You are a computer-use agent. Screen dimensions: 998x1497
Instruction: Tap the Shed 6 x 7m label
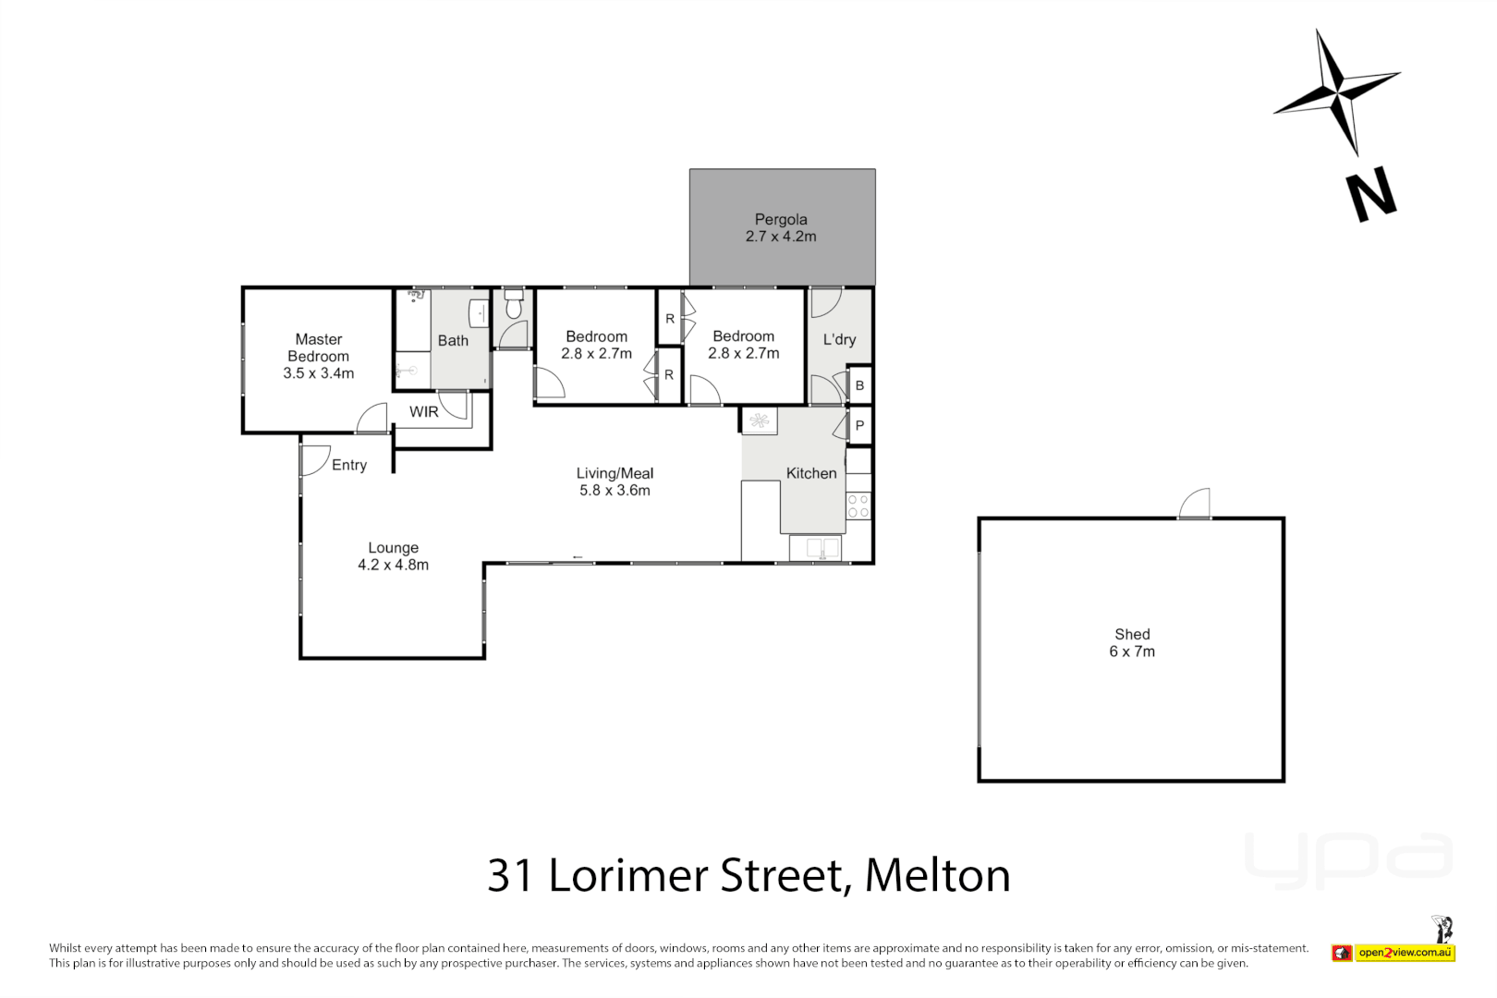(x=1132, y=642)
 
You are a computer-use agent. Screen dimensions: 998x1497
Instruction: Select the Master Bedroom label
(x=318, y=356)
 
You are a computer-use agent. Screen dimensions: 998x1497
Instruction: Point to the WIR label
(x=424, y=412)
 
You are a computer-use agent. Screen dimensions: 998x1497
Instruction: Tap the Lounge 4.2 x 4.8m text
(x=393, y=556)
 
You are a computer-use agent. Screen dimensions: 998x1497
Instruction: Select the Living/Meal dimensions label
(x=615, y=491)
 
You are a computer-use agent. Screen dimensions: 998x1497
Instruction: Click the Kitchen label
(x=811, y=473)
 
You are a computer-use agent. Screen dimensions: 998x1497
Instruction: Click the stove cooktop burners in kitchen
(x=858, y=505)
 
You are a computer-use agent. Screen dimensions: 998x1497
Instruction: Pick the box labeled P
(x=859, y=426)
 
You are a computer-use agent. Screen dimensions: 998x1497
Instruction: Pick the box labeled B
(x=859, y=385)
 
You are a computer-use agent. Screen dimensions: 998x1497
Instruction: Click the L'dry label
(x=839, y=339)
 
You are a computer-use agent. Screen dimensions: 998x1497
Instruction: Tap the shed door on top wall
(x=1195, y=505)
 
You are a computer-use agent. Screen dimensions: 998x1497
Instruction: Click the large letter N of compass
(x=1370, y=194)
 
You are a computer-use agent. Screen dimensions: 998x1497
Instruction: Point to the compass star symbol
(x=1337, y=91)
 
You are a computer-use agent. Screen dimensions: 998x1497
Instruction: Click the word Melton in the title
(x=937, y=875)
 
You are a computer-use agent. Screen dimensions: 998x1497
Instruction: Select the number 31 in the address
(x=510, y=875)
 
